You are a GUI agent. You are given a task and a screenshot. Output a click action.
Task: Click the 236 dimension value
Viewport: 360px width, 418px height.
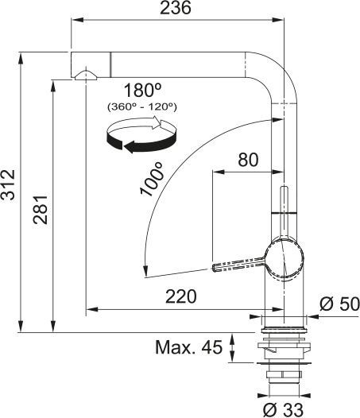point(176,7)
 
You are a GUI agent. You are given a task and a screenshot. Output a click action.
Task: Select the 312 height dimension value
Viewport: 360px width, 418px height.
point(8,184)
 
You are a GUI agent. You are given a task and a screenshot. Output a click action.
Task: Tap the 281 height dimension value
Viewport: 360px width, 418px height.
point(41,211)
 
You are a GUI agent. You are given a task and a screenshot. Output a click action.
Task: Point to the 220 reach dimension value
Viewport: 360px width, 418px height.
point(181,296)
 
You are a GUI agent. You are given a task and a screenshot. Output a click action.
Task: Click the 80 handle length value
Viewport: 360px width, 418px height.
point(248,160)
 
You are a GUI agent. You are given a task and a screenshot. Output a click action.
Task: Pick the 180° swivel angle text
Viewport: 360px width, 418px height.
point(143,90)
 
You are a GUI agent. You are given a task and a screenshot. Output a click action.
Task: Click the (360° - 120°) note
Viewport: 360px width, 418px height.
point(142,107)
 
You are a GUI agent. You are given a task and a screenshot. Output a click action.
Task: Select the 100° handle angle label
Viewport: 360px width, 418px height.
point(151,179)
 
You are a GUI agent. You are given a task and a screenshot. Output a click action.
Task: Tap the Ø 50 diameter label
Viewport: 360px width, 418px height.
point(339,304)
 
